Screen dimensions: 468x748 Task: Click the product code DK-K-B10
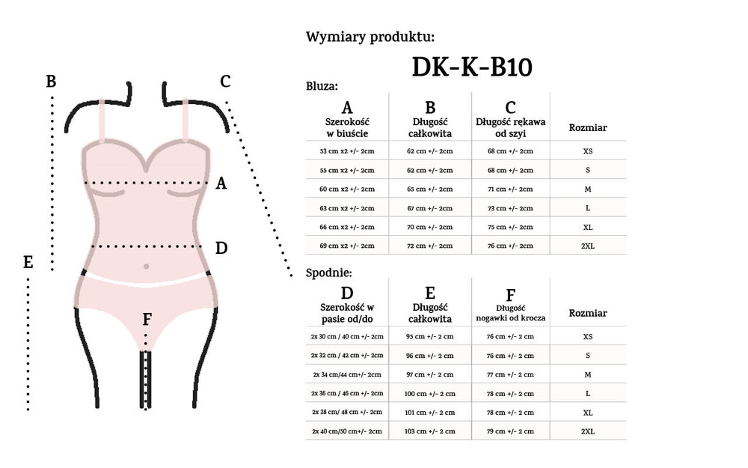click(472, 67)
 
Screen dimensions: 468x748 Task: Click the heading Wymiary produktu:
click(370, 37)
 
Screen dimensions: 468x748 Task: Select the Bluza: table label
click(322, 86)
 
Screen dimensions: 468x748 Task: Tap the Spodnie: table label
click(328, 273)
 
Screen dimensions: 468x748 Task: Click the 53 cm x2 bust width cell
click(346, 151)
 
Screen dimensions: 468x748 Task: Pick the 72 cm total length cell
click(429, 246)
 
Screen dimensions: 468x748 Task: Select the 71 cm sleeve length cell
click(510, 189)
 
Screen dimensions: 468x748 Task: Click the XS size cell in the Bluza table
click(587, 151)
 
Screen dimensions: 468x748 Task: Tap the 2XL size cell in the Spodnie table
click(587, 431)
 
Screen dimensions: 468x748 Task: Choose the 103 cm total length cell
click(429, 431)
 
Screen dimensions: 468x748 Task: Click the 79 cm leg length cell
click(510, 431)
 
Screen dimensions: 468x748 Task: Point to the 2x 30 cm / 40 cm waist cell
click(348, 336)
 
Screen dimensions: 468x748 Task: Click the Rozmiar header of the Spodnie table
click(587, 313)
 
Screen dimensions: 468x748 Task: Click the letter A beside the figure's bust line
click(221, 183)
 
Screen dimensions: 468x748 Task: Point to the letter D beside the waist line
click(221, 247)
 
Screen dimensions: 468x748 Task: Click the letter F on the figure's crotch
click(147, 320)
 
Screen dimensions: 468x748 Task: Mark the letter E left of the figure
click(28, 262)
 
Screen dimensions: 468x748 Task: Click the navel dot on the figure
click(146, 266)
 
